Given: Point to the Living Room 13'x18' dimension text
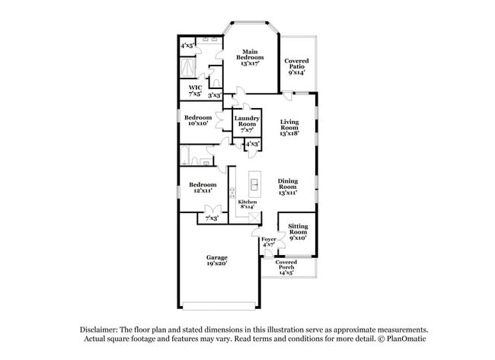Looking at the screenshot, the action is [289, 133].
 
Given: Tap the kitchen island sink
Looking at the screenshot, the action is [254, 183].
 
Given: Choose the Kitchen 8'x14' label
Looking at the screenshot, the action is [247, 204].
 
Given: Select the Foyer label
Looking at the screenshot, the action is [269, 242].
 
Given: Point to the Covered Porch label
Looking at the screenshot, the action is [286, 267].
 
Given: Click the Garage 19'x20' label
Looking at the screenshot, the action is [217, 260].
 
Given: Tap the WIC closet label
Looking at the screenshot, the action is [195, 91].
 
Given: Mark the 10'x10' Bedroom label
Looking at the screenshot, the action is [198, 120].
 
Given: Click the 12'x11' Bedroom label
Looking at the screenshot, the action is [203, 187].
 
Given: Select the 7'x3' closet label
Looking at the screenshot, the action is [212, 218].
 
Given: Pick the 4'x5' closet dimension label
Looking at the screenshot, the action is [187, 46].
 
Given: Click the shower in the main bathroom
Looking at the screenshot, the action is [187, 67].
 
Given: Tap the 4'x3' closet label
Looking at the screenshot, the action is [253, 144].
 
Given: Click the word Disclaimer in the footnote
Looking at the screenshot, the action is [99, 330].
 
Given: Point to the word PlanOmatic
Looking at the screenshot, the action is [407, 339].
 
